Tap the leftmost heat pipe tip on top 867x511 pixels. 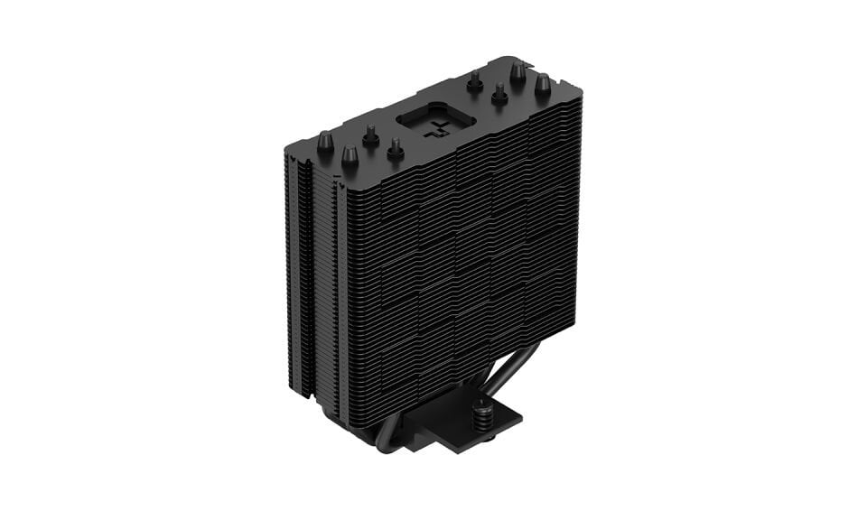click(x=325, y=142)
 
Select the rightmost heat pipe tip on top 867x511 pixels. click(x=543, y=86)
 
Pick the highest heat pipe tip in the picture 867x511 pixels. click(x=518, y=70)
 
